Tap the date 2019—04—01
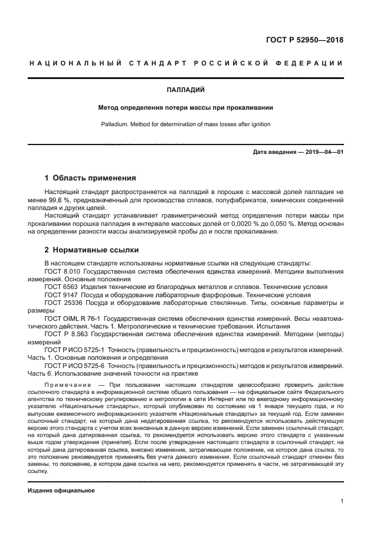click(323, 153)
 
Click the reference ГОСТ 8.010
click(63, 271)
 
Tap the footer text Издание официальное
click(61, 490)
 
